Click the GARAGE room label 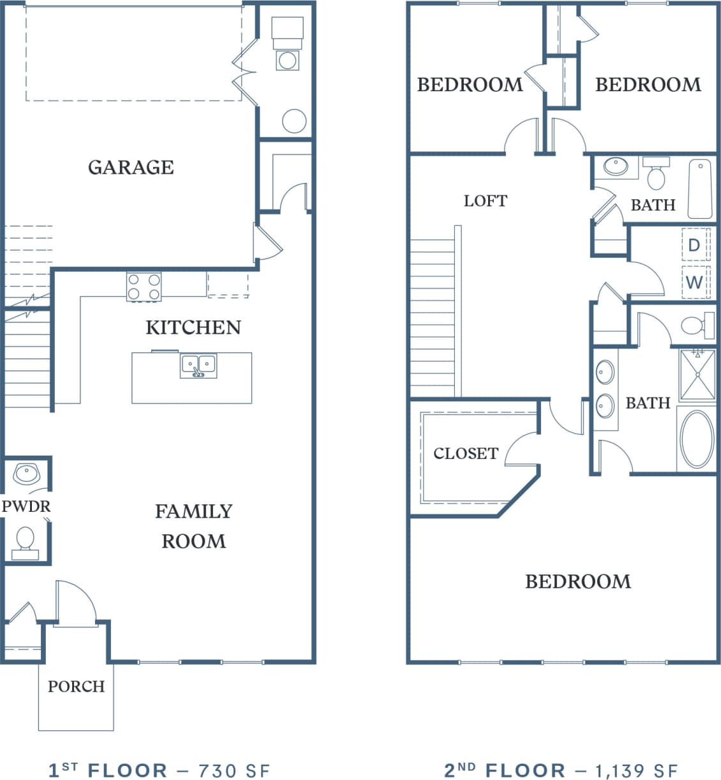pyautogui.click(x=131, y=167)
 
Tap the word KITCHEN pyautogui.click(x=193, y=327)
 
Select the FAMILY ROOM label pyautogui.click(x=193, y=526)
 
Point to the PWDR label pyautogui.click(x=26, y=507)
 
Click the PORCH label pyautogui.click(x=76, y=687)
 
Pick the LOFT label pyautogui.click(x=485, y=201)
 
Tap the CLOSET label pyautogui.click(x=465, y=454)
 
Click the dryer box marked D pyautogui.click(x=694, y=244)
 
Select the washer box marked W pyautogui.click(x=694, y=281)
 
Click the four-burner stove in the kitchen pyautogui.click(x=144, y=287)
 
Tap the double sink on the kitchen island pyautogui.click(x=198, y=366)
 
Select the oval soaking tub pyautogui.click(x=697, y=439)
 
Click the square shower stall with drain pyautogui.click(x=697, y=375)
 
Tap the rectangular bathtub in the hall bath pyautogui.click(x=700, y=189)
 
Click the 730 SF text pyautogui.click(x=234, y=770)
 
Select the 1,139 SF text pyautogui.click(x=636, y=770)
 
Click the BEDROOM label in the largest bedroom pyautogui.click(x=577, y=581)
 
